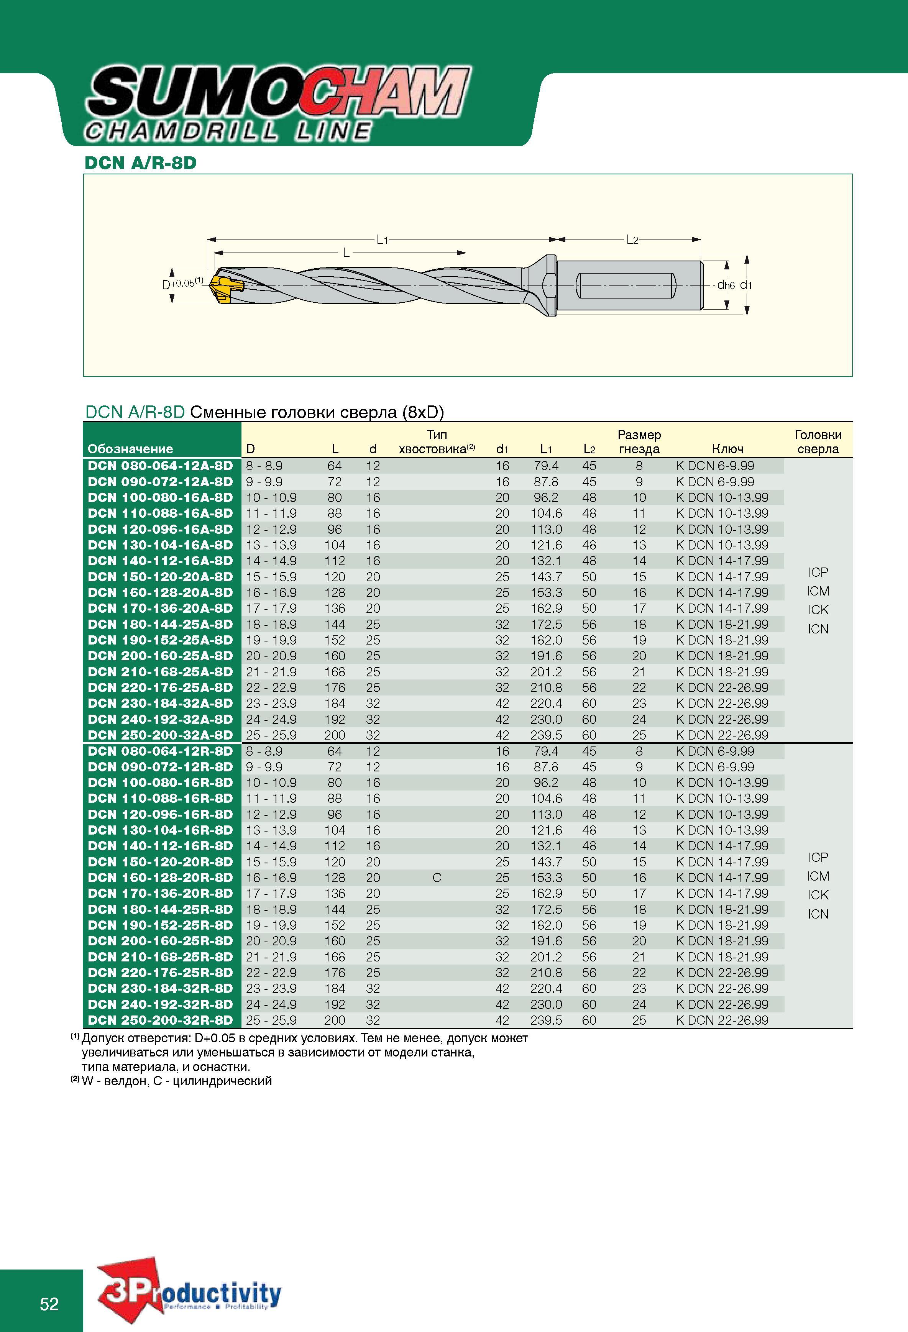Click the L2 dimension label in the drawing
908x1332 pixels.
(632, 239)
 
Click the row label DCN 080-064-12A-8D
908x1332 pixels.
(160, 466)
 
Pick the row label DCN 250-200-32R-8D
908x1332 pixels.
(160, 1020)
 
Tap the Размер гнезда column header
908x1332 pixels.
(639, 442)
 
